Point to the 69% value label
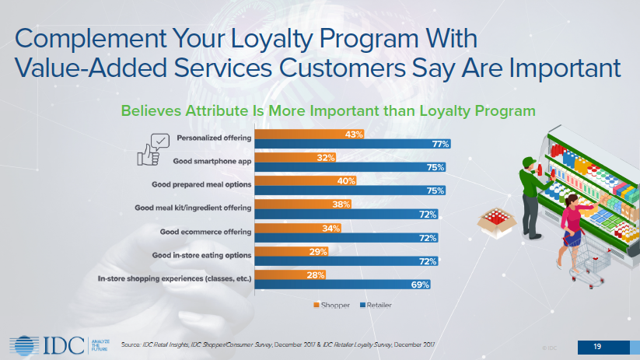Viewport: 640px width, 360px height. pos(421,285)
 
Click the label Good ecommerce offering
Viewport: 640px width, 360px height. pos(205,232)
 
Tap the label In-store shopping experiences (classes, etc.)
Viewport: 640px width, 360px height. pos(174,278)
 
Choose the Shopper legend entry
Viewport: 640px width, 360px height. pos(330,305)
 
